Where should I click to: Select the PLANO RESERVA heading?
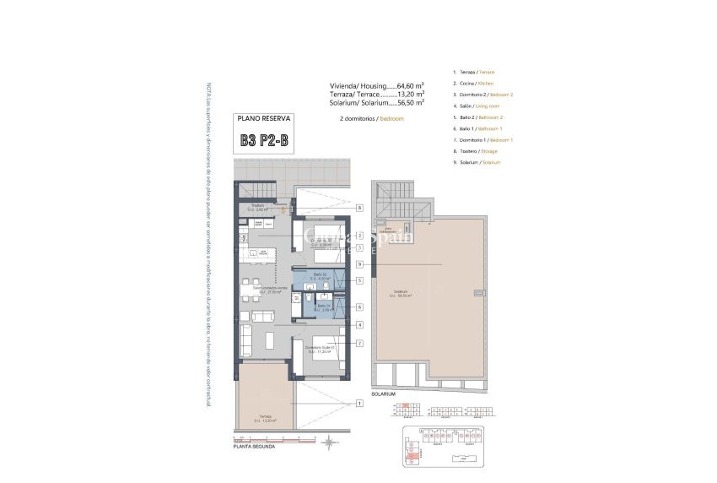pyautogui.click(x=264, y=119)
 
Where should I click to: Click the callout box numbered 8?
pyautogui.click(x=359, y=207)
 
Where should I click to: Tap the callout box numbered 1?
pyautogui.click(x=359, y=404)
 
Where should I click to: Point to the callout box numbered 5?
pyautogui.click(x=359, y=279)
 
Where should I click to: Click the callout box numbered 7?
pyautogui.click(x=359, y=343)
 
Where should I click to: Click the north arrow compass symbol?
pyautogui.click(x=326, y=440)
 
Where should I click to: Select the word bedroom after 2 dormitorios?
pyautogui.click(x=391, y=119)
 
